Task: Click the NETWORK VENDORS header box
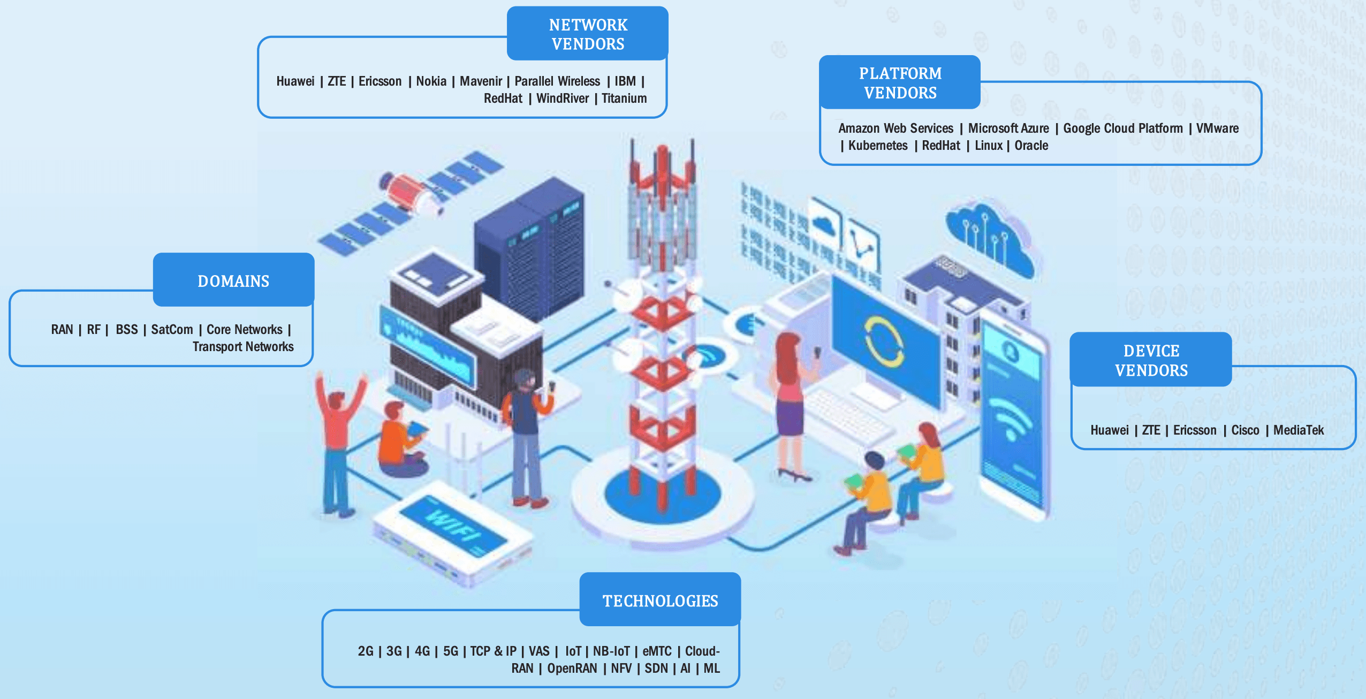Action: [x=587, y=34]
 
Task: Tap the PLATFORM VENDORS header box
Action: [x=900, y=82]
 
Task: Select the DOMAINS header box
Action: [x=233, y=280]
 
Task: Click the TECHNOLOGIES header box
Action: [x=660, y=600]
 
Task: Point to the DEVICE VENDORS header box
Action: [x=1151, y=360]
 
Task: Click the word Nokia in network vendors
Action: [x=431, y=81]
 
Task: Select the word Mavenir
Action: [x=481, y=81]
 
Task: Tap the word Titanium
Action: [x=624, y=98]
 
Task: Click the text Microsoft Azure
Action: [x=1008, y=128]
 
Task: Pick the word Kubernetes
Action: [x=878, y=146]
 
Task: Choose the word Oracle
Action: [x=1031, y=146]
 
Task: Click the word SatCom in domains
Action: [x=172, y=330]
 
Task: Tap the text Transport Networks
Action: [x=243, y=347]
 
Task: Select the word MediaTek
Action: [x=1298, y=430]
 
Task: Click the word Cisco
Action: [x=1245, y=430]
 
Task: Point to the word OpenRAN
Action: [x=572, y=668]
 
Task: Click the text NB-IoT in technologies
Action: [x=611, y=651]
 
